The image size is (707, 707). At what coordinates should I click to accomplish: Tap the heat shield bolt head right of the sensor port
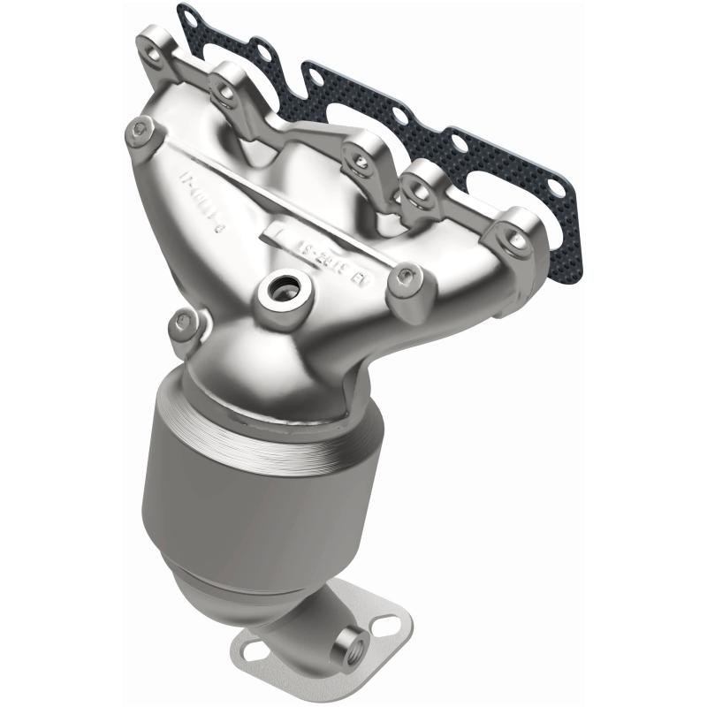coord(406,276)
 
